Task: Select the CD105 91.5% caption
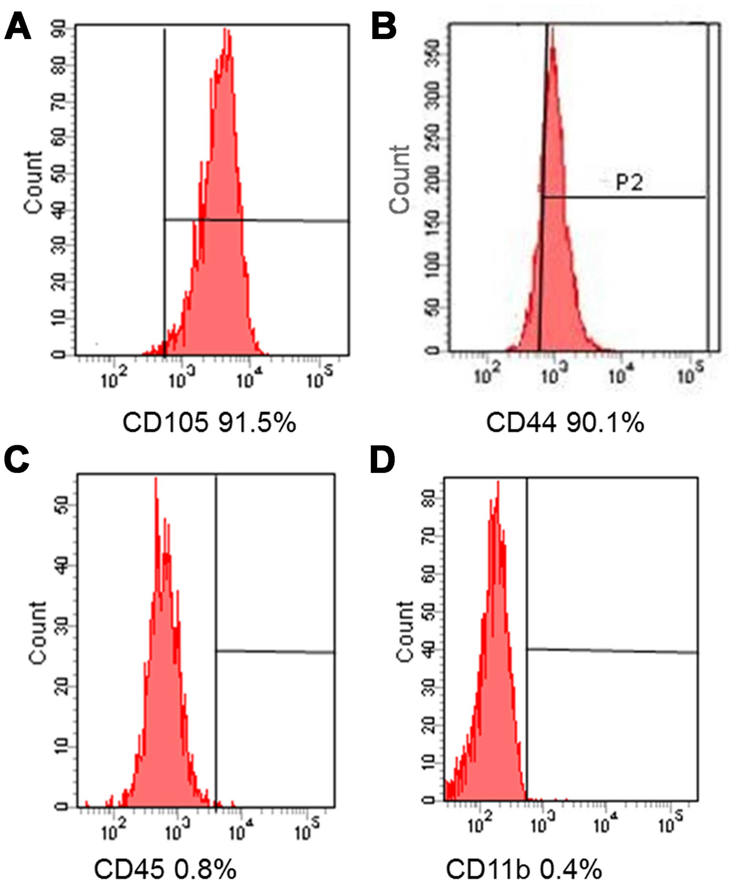pyautogui.click(x=209, y=422)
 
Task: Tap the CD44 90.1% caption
pyautogui.click(x=565, y=422)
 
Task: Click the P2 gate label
pyautogui.click(x=629, y=183)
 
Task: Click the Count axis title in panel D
pyautogui.click(x=406, y=631)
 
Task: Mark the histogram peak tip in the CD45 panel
pyautogui.click(x=156, y=478)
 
